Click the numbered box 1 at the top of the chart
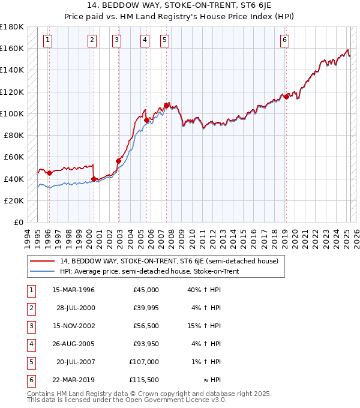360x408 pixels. click(x=47, y=40)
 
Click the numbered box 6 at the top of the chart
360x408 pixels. click(x=284, y=40)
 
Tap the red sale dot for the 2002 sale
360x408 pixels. click(x=119, y=161)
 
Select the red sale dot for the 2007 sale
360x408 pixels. click(x=166, y=106)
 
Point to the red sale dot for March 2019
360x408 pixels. click(x=287, y=96)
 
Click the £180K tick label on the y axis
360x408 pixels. click(x=12, y=26)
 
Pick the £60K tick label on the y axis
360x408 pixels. click(x=14, y=157)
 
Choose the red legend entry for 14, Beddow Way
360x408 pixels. click(x=169, y=261)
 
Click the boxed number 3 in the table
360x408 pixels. click(x=30, y=326)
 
